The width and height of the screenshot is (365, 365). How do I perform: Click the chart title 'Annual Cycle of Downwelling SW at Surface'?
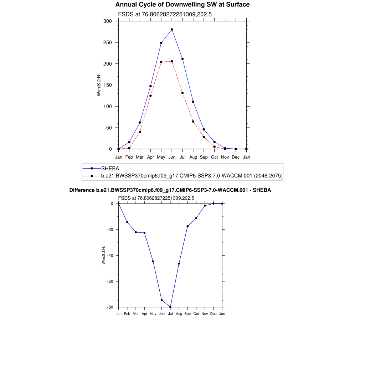[x=182, y=5]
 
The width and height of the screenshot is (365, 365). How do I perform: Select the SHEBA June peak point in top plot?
[x=172, y=30]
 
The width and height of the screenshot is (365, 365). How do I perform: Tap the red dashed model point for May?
[x=161, y=62]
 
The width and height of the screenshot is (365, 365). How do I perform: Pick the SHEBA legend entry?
[x=110, y=168]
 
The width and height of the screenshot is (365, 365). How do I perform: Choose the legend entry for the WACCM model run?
[x=192, y=176]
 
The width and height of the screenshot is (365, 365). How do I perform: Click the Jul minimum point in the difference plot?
[x=170, y=307]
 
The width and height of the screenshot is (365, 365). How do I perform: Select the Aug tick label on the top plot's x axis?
[x=193, y=157]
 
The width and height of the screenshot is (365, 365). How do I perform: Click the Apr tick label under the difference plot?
[x=144, y=314]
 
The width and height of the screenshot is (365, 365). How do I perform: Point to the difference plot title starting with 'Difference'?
[x=170, y=190]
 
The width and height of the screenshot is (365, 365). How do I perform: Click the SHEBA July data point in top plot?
[x=182, y=59]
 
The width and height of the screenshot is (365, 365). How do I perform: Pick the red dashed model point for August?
[x=193, y=122]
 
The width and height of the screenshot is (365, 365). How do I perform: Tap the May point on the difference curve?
[x=153, y=261]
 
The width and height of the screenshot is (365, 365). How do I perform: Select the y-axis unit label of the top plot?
[x=99, y=85]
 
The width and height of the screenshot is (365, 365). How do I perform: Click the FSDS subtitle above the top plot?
[x=165, y=15]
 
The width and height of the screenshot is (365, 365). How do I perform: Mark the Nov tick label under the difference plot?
[x=205, y=314]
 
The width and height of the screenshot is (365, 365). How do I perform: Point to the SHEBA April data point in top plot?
[x=150, y=86]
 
